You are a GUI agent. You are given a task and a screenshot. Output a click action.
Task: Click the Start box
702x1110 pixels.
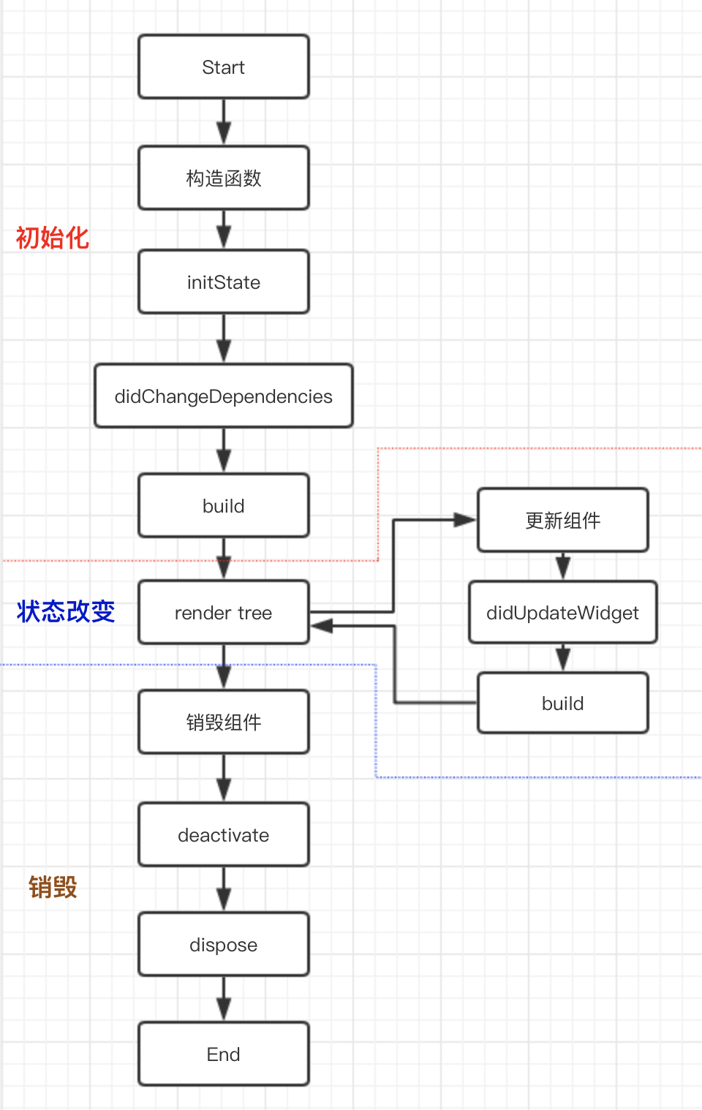224,67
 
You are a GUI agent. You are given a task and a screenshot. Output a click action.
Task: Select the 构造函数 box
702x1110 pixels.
224,178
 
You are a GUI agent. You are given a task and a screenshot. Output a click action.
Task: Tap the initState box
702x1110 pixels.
224,282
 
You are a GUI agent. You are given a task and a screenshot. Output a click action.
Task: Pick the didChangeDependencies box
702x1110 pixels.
224,396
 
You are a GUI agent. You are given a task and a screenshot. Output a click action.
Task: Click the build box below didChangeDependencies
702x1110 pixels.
224,505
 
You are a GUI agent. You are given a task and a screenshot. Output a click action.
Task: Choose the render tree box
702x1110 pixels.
224,612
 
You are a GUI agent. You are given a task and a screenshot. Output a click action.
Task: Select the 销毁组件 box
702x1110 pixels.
224,722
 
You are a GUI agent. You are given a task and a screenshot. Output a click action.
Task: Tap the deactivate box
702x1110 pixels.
224,834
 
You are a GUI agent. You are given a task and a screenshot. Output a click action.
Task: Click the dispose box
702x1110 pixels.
224,944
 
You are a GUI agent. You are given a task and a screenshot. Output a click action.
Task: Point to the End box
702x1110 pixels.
224,1054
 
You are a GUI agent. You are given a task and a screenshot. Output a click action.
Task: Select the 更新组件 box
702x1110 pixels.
563,520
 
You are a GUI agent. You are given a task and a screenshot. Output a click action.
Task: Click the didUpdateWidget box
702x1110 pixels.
563,612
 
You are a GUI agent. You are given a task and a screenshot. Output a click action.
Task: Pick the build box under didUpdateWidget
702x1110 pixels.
563,703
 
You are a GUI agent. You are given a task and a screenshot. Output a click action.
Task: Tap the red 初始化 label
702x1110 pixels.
53,238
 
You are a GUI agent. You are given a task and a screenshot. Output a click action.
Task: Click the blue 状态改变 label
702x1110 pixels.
66,611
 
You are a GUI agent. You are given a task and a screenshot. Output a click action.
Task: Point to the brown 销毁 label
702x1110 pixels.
53,887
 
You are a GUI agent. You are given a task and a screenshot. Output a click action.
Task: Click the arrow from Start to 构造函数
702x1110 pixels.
224,122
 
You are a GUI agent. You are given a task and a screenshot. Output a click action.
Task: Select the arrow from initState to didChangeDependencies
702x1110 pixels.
224,339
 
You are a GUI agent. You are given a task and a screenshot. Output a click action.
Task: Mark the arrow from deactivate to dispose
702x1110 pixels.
224,889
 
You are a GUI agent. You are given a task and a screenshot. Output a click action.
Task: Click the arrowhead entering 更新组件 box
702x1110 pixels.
465,520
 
